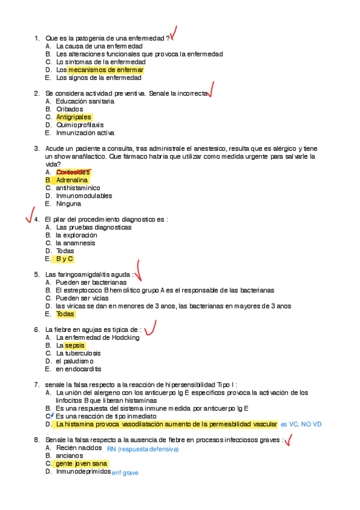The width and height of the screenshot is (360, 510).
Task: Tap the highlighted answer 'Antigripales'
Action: click(73, 117)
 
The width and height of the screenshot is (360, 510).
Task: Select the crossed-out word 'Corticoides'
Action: click(73, 172)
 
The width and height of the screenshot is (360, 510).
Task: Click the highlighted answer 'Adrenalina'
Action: click(72, 180)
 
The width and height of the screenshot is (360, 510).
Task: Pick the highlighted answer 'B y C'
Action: click(64, 259)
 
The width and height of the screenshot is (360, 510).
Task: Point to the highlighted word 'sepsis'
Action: click(75, 346)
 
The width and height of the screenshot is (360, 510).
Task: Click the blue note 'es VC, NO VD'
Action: click(301, 424)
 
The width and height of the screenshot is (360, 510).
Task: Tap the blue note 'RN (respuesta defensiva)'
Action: click(143, 449)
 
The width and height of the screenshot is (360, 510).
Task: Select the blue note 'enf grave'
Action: click(126, 473)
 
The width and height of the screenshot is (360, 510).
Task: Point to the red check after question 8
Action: click(288, 441)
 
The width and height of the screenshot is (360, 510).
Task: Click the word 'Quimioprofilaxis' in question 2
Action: click(81, 125)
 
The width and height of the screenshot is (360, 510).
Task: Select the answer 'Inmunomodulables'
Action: click(84, 195)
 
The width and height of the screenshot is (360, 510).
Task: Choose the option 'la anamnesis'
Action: click(75, 243)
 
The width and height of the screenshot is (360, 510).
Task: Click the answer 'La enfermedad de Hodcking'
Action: click(97, 337)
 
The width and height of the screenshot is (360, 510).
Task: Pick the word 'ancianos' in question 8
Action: click(70, 456)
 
